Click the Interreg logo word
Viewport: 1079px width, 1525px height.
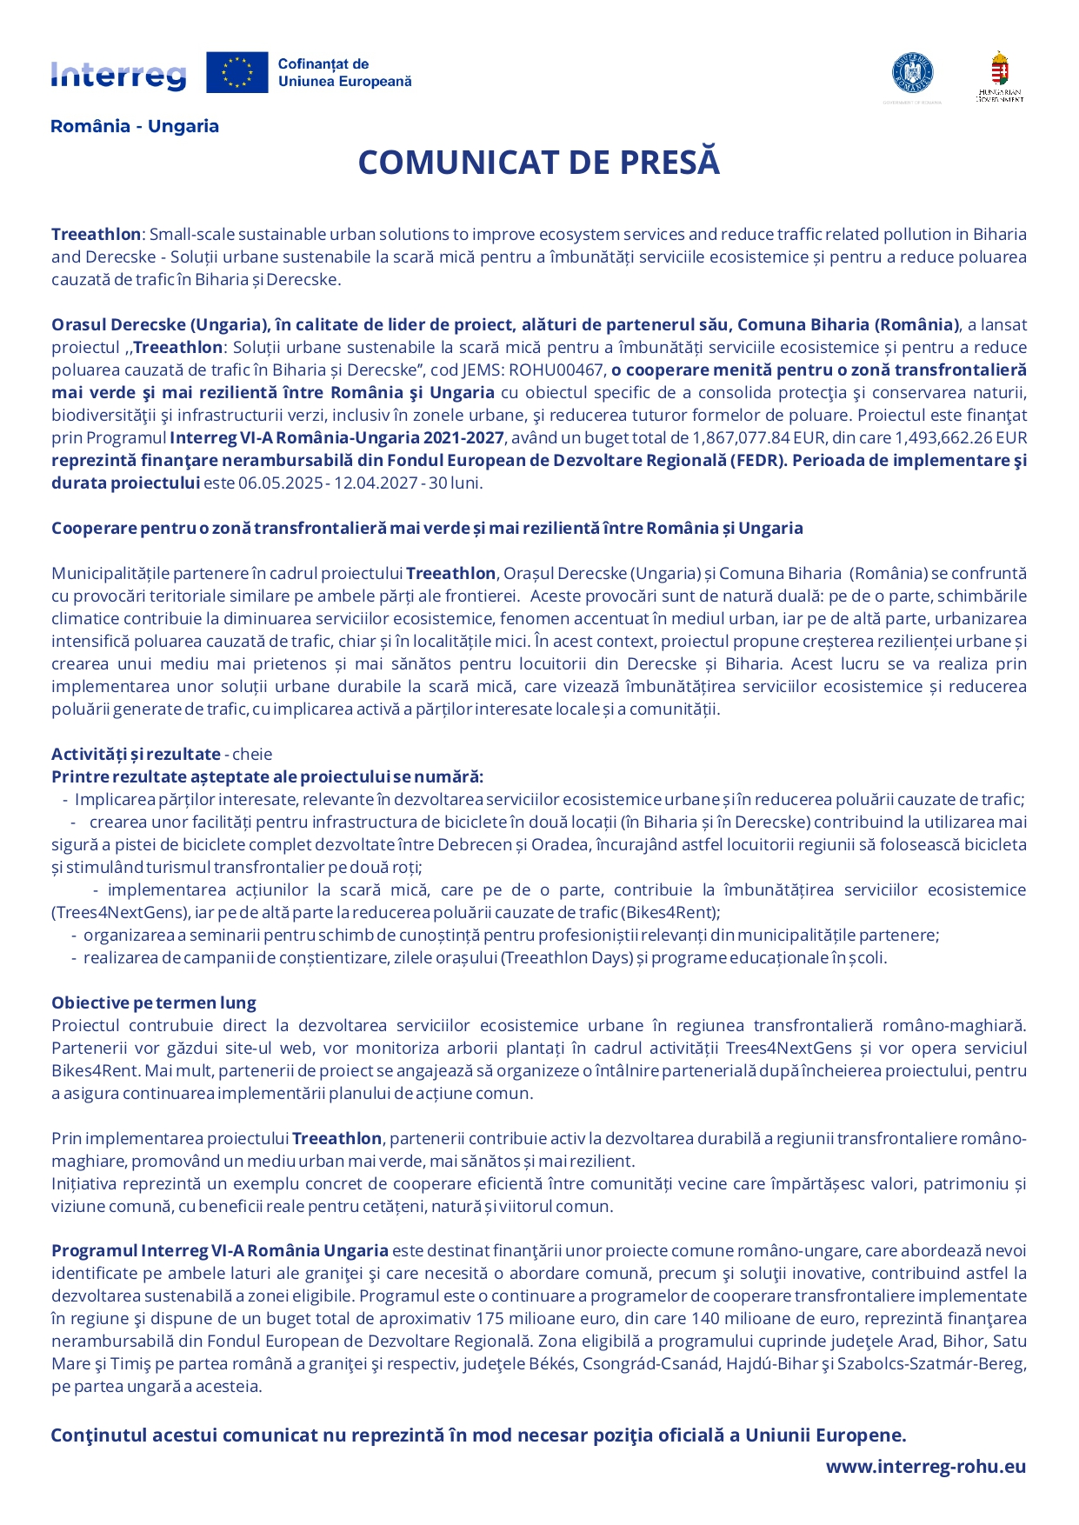click(x=118, y=75)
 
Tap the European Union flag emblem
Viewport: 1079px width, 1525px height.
click(x=236, y=72)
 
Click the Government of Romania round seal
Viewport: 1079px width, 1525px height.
click(x=912, y=73)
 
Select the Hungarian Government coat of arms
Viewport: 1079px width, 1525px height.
click(x=1000, y=70)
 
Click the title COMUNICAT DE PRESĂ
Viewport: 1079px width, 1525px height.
click(x=539, y=163)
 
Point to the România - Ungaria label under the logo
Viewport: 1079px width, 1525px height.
click(x=135, y=126)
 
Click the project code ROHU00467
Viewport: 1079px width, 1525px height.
click(x=556, y=370)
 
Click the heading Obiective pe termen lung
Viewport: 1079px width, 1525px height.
click(x=154, y=1002)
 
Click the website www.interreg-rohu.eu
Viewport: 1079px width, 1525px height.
click(x=926, y=1467)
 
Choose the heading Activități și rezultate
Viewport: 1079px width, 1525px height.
click(x=136, y=754)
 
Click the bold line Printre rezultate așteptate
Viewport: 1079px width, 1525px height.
click(x=267, y=776)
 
